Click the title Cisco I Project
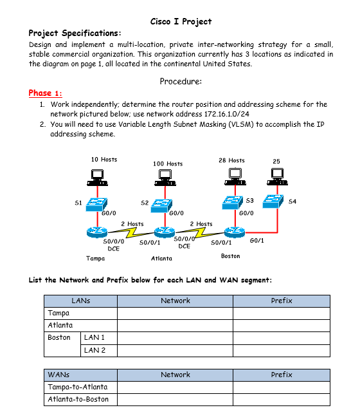tap(180, 21)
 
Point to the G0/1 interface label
tap(256, 240)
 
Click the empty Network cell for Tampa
tap(175, 313)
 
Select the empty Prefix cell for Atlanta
tap(281, 325)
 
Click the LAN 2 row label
tap(95, 350)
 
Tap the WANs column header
tap(59, 374)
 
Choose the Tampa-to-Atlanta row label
tap(77, 387)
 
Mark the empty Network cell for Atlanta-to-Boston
tap(175, 399)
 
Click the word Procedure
tap(181, 82)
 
